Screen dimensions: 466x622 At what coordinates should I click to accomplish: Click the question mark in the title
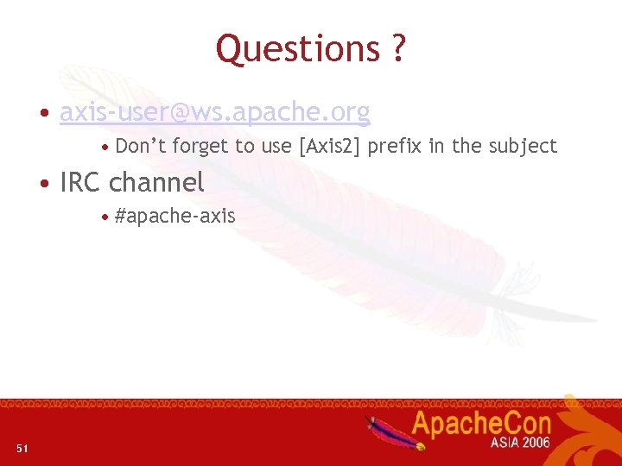pyautogui.click(x=397, y=49)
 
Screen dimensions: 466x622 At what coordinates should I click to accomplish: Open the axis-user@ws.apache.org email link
pyautogui.click(x=214, y=112)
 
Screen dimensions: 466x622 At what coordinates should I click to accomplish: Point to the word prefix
pyautogui.click(x=395, y=147)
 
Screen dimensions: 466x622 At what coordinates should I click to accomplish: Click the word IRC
pyautogui.click(x=81, y=182)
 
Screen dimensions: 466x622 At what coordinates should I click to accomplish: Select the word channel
pyautogui.click(x=156, y=182)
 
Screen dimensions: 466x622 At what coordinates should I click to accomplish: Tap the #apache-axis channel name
pyautogui.click(x=175, y=216)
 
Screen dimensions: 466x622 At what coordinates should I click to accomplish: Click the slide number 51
pyautogui.click(x=22, y=447)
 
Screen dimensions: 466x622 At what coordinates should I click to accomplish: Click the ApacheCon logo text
pyautogui.click(x=480, y=424)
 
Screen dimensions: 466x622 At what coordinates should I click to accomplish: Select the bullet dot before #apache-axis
pyautogui.click(x=105, y=217)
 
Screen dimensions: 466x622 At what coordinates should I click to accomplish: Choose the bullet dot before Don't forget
pyautogui.click(x=105, y=148)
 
